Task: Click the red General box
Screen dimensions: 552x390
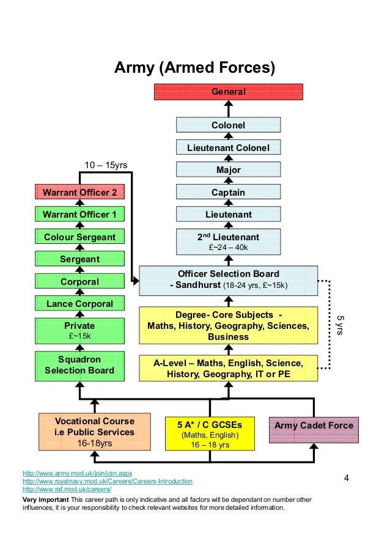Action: pyautogui.click(x=228, y=92)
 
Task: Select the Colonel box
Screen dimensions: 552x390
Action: pyautogui.click(x=228, y=125)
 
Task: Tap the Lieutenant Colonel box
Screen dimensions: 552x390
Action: pyautogui.click(x=228, y=147)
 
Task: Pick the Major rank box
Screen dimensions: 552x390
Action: pyautogui.click(x=228, y=169)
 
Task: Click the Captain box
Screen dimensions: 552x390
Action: pyautogui.click(x=228, y=192)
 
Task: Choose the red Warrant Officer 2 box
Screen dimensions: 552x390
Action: pyautogui.click(x=79, y=192)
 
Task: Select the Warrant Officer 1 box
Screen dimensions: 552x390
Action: pyautogui.click(x=79, y=214)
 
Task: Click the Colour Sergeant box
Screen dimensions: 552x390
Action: pyautogui.click(x=79, y=237)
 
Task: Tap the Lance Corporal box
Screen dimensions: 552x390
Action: pyautogui.click(x=79, y=303)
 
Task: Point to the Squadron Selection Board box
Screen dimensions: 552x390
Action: pyautogui.click(x=79, y=365)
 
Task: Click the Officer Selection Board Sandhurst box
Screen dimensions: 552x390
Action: pyautogui.click(x=228, y=280)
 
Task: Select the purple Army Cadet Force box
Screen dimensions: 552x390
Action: pyautogui.click(x=313, y=425)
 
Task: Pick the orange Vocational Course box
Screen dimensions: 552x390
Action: pyautogui.click(x=94, y=432)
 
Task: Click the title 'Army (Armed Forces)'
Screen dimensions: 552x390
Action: pyautogui.click(x=195, y=67)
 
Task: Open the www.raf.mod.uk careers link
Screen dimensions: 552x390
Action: pyautogui.click(x=67, y=490)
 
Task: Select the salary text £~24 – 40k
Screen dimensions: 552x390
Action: pyautogui.click(x=228, y=248)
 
